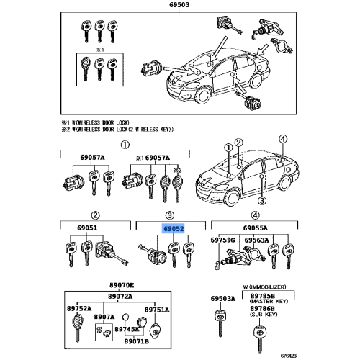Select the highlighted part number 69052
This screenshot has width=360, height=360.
172,229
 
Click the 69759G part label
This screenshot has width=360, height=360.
223,240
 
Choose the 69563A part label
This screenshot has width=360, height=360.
256,240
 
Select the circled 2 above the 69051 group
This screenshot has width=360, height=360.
94,215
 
